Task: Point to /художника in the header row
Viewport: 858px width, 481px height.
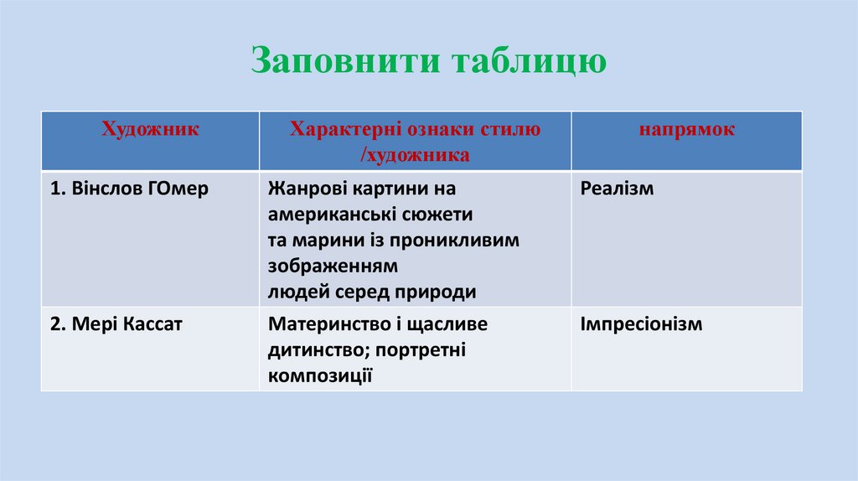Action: (x=415, y=155)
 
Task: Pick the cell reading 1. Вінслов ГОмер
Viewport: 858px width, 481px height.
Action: (x=129, y=189)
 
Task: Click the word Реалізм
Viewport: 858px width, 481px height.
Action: (x=617, y=189)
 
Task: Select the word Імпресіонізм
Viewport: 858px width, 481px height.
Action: (x=641, y=324)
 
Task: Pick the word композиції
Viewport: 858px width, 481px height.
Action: (x=320, y=376)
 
